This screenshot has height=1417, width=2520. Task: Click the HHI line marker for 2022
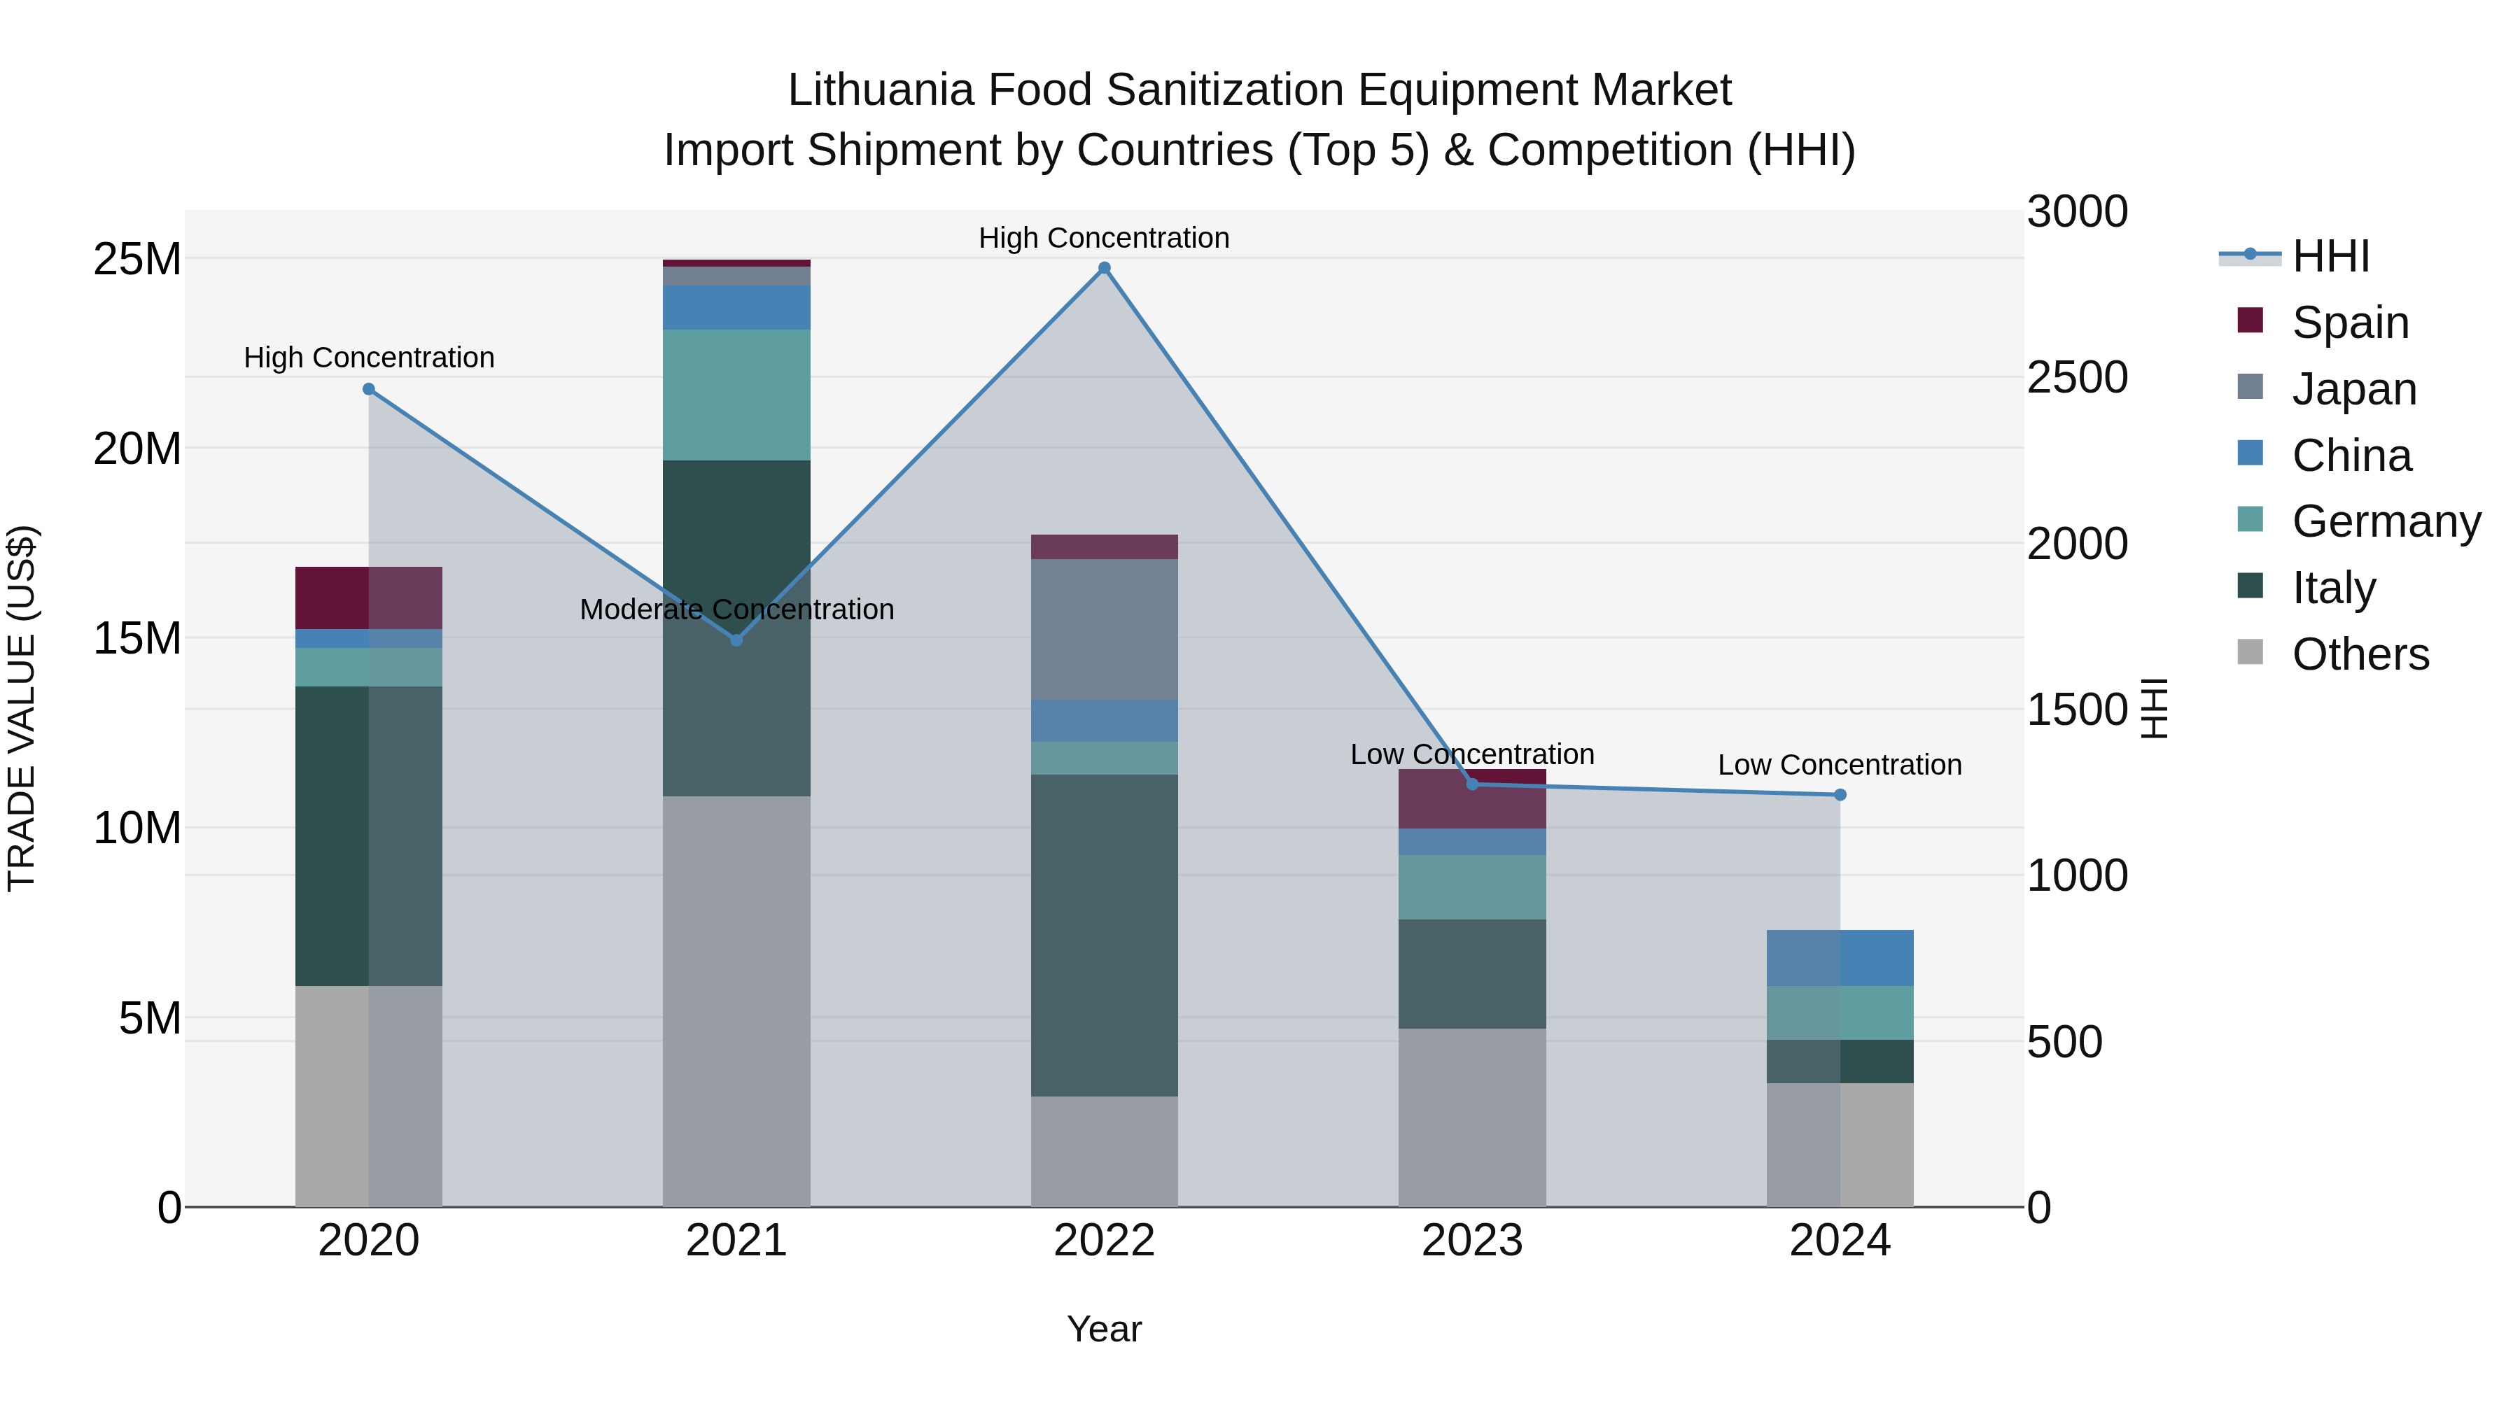click(1105, 268)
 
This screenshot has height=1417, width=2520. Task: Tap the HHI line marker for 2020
click(369, 389)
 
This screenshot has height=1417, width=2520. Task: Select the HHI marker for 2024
click(1840, 795)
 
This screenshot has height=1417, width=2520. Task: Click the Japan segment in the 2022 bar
click(1105, 630)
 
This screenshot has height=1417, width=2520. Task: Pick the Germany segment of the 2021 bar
click(736, 395)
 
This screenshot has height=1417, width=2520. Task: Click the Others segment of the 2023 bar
click(1472, 1117)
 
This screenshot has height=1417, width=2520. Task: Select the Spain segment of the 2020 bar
click(369, 598)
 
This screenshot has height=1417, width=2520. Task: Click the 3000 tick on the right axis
click(2077, 212)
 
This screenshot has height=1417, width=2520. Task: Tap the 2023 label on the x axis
click(1472, 1241)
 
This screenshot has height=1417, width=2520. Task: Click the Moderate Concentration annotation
click(736, 609)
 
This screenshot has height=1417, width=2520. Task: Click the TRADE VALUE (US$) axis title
click(22, 708)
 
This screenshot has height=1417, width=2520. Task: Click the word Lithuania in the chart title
click(881, 91)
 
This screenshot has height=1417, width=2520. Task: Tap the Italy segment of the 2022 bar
click(1105, 935)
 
